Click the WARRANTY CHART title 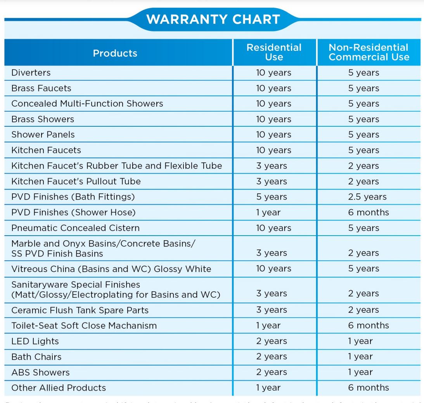213,19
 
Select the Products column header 115,53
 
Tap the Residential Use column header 274,52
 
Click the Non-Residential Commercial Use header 369,52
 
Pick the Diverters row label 31,72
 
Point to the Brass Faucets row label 41,88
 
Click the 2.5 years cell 367,197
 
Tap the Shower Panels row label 43,134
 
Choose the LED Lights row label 35,341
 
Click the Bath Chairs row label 36,356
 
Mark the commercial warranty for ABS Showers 360,372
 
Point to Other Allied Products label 58,387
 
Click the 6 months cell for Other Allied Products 368,387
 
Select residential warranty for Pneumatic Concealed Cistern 273,228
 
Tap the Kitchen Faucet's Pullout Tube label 76,181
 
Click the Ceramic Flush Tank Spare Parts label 80,310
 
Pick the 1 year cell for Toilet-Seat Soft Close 268,325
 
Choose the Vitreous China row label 111,269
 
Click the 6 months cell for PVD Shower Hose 368,212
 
